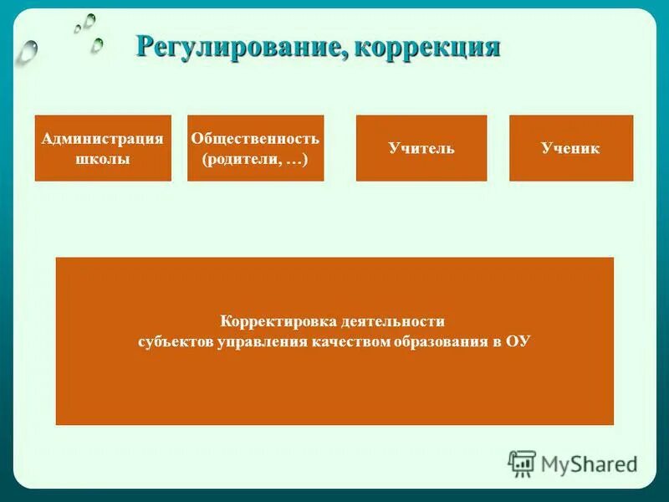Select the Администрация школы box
[103, 148]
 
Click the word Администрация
[103, 139]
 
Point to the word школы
[103, 159]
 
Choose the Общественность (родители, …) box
[255, 148]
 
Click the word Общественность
[255, 139]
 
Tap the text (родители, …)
[255, 159]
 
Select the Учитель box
[421, 148]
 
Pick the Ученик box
[571, 148]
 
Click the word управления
[256, 341]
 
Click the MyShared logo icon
[522, 463]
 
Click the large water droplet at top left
[28, 51]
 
